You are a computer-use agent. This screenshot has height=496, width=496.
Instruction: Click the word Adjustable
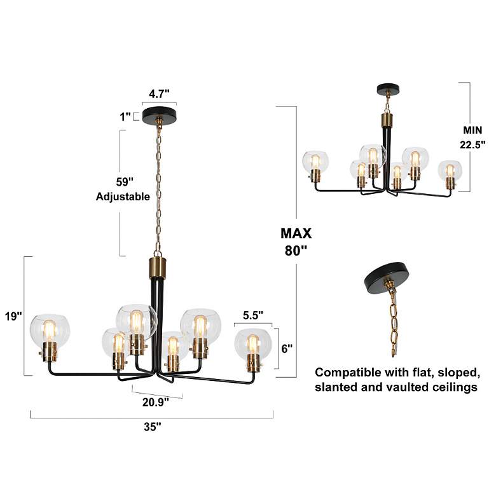coord(123,196)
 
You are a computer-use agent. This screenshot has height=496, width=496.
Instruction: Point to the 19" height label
coord(13,315)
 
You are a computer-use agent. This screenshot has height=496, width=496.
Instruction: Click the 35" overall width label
coord(152,427)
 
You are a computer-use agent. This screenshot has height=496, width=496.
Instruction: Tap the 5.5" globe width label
coord(252,315)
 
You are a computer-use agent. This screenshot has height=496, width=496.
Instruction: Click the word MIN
coord(472,130)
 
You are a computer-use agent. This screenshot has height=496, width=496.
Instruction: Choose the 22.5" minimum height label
coord(472,144)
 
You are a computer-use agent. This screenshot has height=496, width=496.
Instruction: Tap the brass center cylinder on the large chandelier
coord(156,268)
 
